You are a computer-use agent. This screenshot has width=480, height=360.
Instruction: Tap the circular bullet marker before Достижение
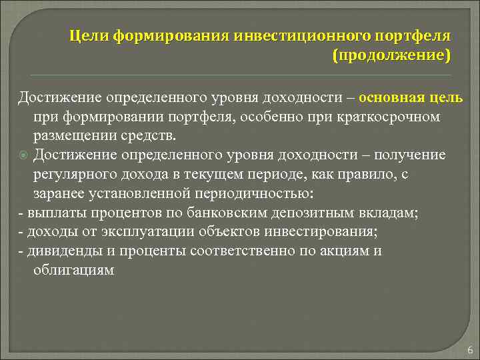23,156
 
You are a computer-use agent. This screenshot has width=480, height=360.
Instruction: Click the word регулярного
78,175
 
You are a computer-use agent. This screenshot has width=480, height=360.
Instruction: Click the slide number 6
470,349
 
